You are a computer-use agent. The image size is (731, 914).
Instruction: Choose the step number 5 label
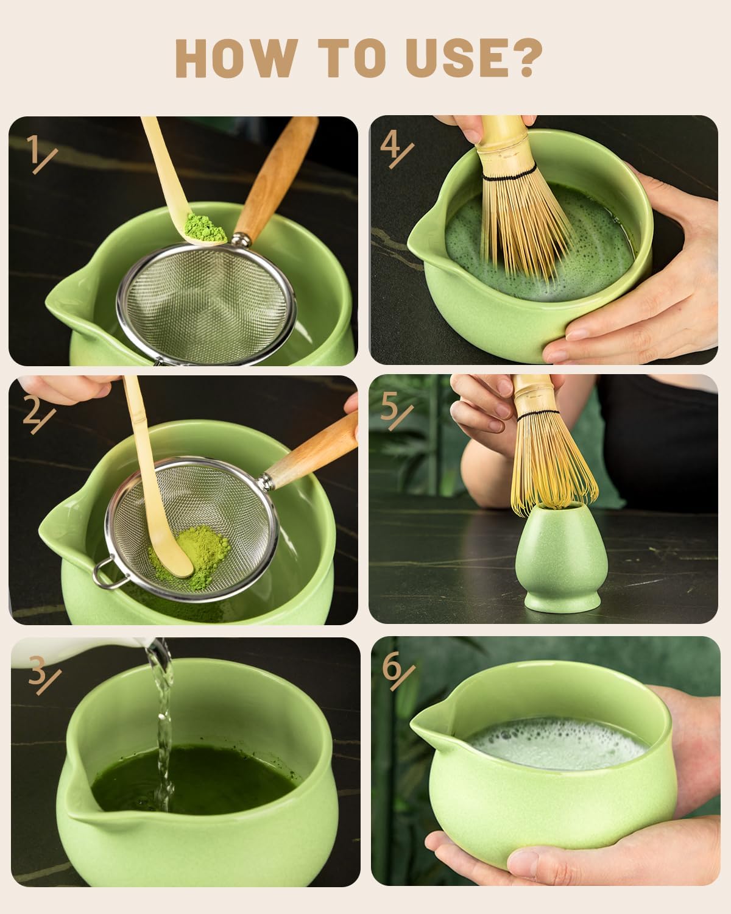click(x=395, y=409)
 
